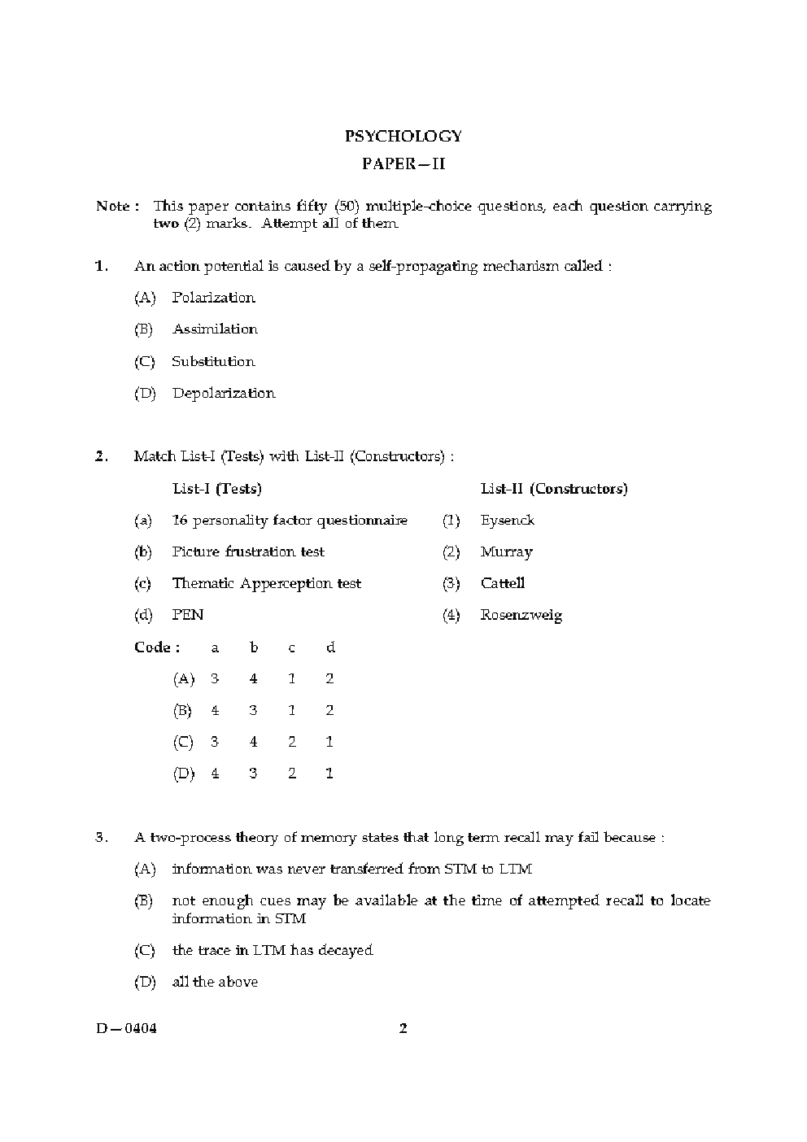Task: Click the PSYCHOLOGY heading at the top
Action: tap(403, 137)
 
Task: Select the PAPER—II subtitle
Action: tap(403, 164)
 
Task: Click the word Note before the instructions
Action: tap(113, 207)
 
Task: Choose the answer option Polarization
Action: tap(213, 298)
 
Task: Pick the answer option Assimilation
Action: tap(215, 329)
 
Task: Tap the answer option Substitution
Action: tap(213, 362)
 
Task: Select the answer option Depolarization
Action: tap(224, 394)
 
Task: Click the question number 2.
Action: tap(102, 456)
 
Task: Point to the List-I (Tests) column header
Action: tap(217, 489)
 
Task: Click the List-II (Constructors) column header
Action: tap(554, 489)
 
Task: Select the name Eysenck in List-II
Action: tap(508, 521)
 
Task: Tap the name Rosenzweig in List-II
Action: tap(521, 616)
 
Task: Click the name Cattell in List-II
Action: tap(503, 584)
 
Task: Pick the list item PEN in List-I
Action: tap(188, 616)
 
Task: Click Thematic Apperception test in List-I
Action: tap(266, 584)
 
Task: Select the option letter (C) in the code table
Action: tap(183, 743)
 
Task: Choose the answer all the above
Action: tap(215, 983)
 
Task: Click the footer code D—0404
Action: tap(126, 1029)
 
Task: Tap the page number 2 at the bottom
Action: tap(403, 1029)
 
